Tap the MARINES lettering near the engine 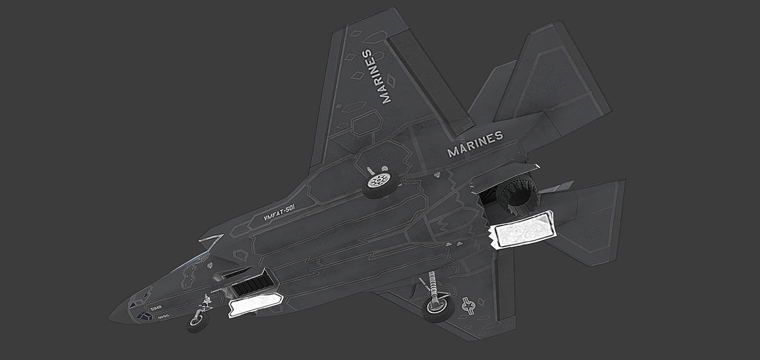(475, 144)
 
